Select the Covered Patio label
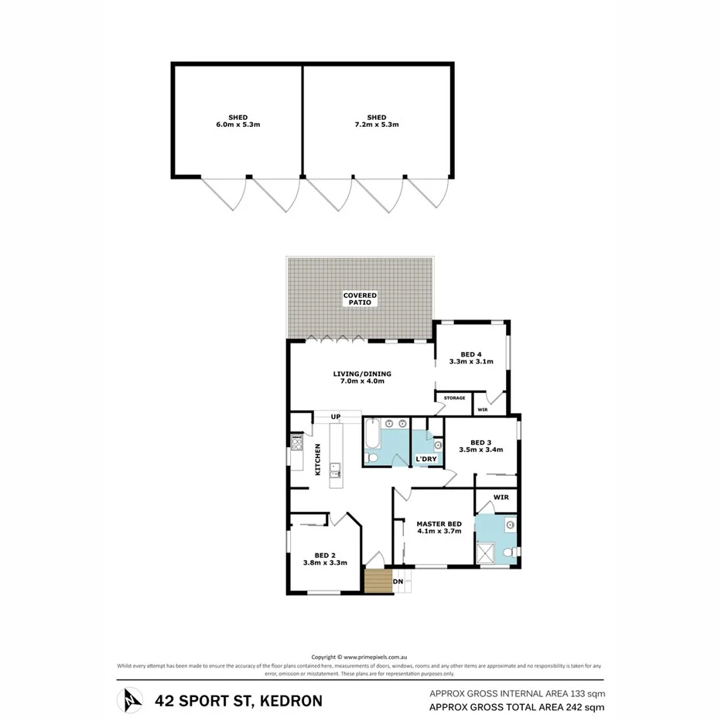click(361, 299)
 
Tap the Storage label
click(455, 398)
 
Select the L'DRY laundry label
click(427, 459)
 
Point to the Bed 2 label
click(325, 559)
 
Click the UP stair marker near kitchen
click(336, 417)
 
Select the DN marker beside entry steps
click(398, 581)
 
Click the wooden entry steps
click(378, 581)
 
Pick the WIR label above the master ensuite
click(501, 497)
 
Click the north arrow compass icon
click(130, 701)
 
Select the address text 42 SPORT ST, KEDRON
click(238, 702)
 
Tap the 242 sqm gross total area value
click(586, 707)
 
